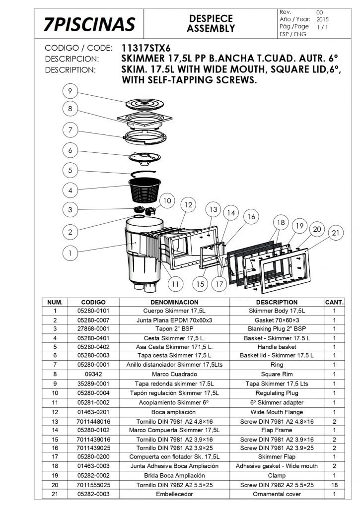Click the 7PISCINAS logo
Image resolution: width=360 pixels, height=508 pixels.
[x=89, y=24]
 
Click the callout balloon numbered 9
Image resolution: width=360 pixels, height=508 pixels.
[x=71, y=91]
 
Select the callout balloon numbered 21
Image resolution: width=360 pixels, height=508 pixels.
[x=336, y=233]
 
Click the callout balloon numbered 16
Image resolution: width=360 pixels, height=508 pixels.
[x=251, y=217]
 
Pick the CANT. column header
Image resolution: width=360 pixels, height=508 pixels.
[x=334, y=302]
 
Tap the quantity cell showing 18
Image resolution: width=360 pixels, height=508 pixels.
[x=334, y=485]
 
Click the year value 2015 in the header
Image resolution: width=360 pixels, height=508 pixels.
[x=322, y=19]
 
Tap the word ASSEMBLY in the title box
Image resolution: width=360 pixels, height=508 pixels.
[x=211, y=29]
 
